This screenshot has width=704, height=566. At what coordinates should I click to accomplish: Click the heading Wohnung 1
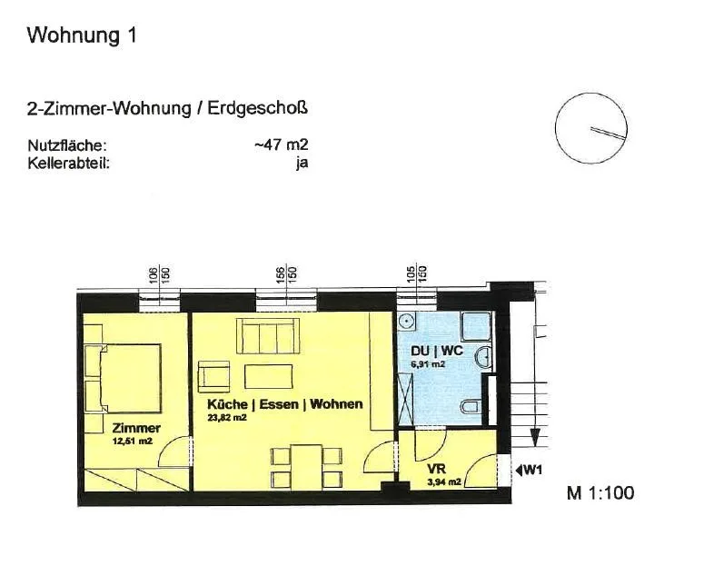pyautogui.click(x=82, y=35)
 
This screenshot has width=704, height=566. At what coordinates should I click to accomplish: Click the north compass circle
pyautogui.click(x=556, y=129)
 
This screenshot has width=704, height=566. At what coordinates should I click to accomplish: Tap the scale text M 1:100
pyautogui.click(x=600, y=492)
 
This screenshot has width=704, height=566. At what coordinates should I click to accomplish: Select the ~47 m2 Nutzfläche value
pyautogui.click(x=282, y=145)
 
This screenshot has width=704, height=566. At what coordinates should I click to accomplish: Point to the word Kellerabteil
pyautogui.click(x=68, y=163)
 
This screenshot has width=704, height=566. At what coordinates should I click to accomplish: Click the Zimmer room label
pyautogui.click(x=136, y=428)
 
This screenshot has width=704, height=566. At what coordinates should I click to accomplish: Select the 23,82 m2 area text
pyautogui.click(x=227, y=417)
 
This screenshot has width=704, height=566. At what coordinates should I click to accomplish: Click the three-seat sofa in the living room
pyautogui.click(x=268, y=336)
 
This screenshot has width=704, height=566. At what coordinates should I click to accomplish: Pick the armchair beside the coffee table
pyautogui.click(x=213, y=376)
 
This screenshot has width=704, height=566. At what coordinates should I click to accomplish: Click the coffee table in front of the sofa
pyautogui.click(x=269, y=376)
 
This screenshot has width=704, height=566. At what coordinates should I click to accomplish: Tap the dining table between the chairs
pyautogui.click(x=306, y=467)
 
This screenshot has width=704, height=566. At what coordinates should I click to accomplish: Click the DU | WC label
pyautogui.click(x=436, y=351)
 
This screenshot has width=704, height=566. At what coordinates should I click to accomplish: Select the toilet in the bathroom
pyautogui.click(x=471, y=406)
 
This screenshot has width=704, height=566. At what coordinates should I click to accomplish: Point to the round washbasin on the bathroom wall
pyautogui.click(x=484, y=357)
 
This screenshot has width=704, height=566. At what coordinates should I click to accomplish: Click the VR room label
pyautogui.click(x=436, y=470)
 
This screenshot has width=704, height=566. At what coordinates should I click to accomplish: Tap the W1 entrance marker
pyautogui.click(x=529, y=471)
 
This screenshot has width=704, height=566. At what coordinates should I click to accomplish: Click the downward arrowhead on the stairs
pyautogui.click(x=535, y=438)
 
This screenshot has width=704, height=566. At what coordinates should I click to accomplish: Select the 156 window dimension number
pyautogui.click(x=280, y=274)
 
